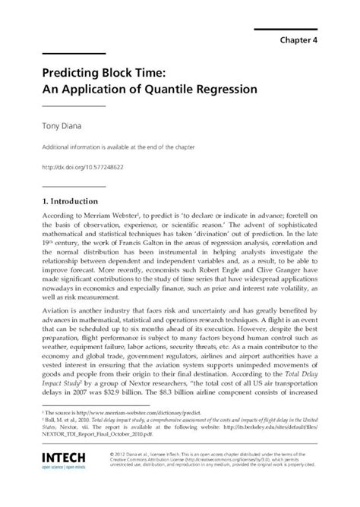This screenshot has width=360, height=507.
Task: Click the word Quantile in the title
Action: (x=169, y=89)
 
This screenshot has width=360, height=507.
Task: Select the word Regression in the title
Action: (x=227, y=89)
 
